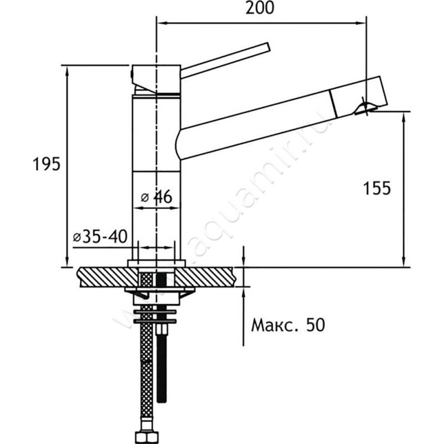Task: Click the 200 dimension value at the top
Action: pos(260,8)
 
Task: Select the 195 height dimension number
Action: pos(47,164)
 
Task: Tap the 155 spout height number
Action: pos(377,188)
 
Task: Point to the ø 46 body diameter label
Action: pos(157,197)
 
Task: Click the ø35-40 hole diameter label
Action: pos(100,236)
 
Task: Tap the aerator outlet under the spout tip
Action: pos(365,108)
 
